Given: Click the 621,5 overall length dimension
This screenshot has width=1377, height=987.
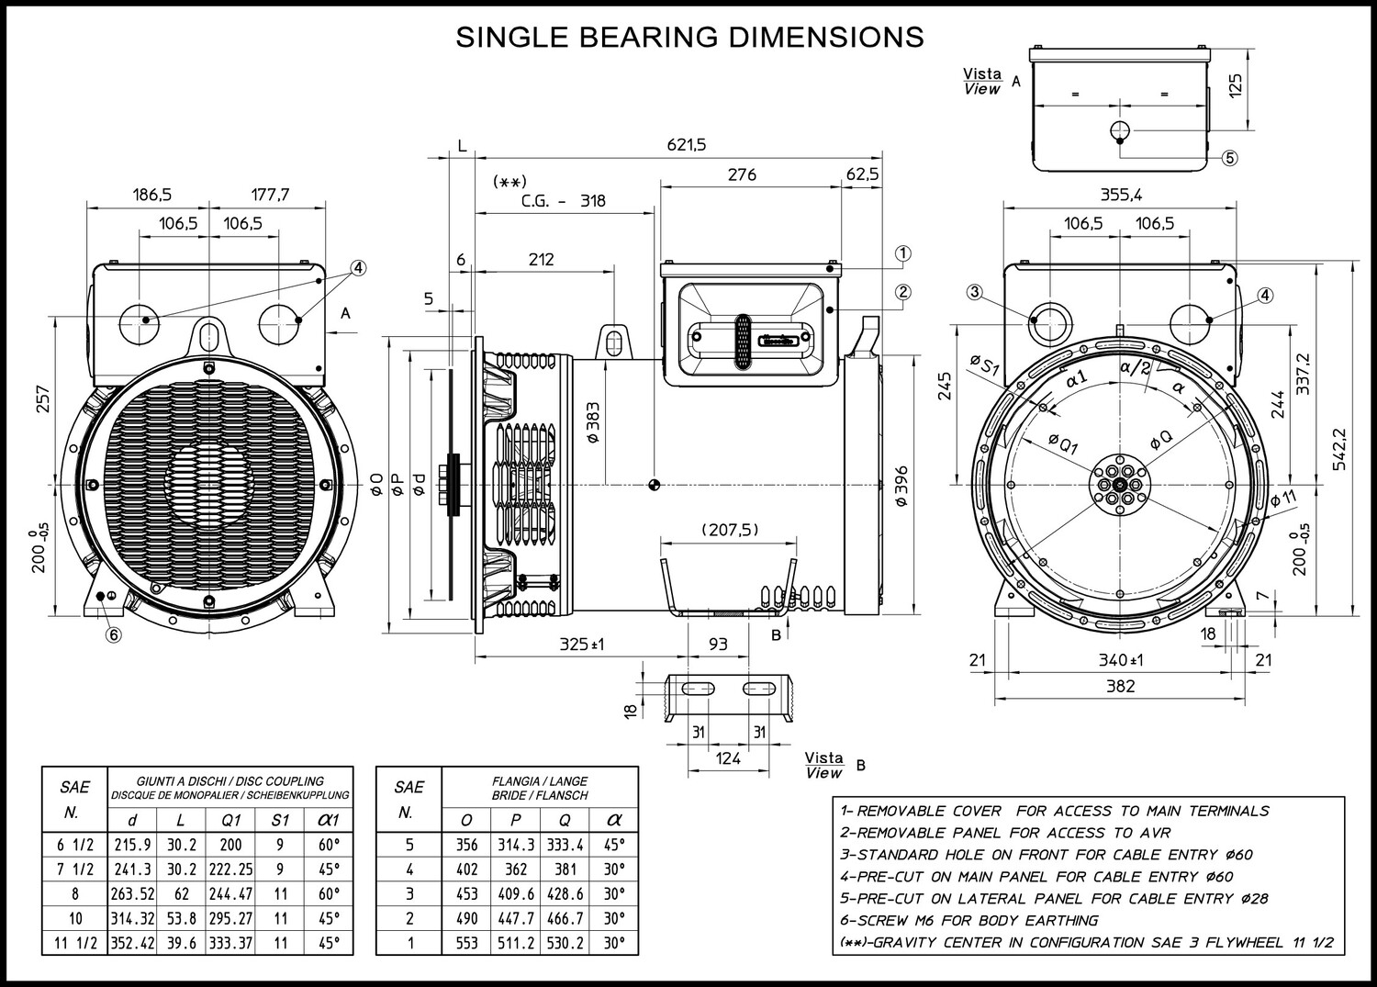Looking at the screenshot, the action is click(687, 144).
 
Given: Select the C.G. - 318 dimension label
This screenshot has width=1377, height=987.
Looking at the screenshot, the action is click(563, 201).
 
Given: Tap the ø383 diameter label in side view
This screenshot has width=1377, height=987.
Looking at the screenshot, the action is click(593, 422).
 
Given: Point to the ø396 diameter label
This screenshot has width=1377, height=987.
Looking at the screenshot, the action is click(901, 486).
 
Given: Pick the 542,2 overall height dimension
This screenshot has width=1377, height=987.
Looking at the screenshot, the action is click(1339, 450).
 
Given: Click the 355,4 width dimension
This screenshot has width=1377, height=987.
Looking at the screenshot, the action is click(1121, 195).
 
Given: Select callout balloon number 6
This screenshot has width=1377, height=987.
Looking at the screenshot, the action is click(114, 634).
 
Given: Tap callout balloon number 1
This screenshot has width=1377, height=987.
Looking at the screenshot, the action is click(902, 253).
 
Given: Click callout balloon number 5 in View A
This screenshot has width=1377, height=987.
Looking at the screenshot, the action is click(1229, 158).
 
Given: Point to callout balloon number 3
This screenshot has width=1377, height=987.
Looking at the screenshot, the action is click(974, 292).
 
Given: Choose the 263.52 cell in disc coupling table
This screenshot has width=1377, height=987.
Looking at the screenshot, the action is click(132, 893).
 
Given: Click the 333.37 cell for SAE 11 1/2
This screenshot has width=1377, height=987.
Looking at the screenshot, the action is click(230, 943).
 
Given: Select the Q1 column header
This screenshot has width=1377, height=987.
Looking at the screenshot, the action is click(230, 820).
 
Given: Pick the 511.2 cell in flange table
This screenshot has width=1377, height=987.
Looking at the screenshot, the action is click(516, 943).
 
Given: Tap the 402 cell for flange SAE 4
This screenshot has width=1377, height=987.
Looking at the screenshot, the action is click(466, 869).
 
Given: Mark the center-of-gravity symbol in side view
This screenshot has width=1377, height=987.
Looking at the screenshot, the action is click(654, 485).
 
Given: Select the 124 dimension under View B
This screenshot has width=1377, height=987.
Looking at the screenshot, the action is click(728, 758).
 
